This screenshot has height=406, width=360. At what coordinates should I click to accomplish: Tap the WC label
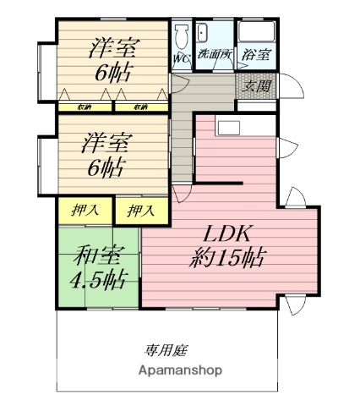181,58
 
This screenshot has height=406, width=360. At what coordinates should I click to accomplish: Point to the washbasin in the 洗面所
203,35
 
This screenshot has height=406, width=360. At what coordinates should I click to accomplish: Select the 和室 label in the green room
96,253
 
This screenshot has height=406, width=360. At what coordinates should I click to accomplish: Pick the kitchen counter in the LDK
244,128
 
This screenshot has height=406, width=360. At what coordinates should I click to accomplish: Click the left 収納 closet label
85,107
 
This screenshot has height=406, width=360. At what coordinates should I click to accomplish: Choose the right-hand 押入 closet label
140,210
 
